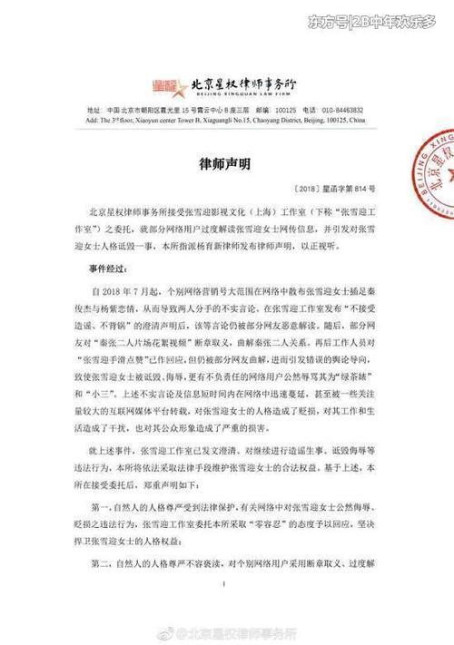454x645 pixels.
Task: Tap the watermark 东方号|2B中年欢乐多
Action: click(x=379, y=19)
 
